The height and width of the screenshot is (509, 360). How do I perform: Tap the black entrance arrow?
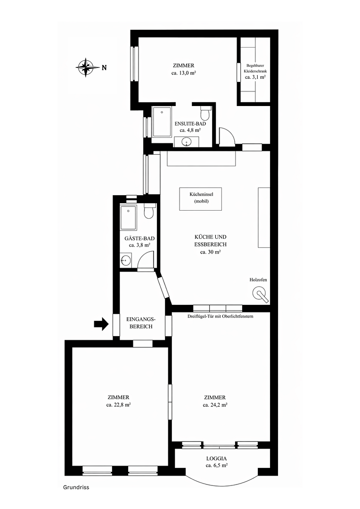click(x=101, y=324)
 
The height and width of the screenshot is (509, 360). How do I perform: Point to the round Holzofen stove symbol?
click(x=260, y=294)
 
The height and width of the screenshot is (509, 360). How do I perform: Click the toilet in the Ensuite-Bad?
click(x=205, y=113)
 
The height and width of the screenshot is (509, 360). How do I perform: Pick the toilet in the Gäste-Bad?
click(x=149, y=211)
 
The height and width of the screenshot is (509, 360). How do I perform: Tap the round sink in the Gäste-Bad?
click(x=125, y=260)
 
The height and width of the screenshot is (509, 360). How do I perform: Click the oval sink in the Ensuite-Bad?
click(x=186, y=142)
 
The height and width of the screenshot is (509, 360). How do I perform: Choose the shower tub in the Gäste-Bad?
click(x=129, y=217)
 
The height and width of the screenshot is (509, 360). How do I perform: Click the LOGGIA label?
click(x=217, y=459)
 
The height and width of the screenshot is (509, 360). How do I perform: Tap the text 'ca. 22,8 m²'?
click(x=118, y=405)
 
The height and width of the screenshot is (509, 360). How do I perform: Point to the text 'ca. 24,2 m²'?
click(x=215, y=405)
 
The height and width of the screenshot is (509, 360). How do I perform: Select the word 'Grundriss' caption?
click(x=76, y=487)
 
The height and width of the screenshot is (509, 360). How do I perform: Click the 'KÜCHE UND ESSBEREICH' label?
click(x=210, y=240)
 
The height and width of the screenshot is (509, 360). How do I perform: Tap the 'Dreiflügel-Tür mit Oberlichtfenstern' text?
click(x=220, y=316)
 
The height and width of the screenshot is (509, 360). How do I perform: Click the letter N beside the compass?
click(x=104, y=68)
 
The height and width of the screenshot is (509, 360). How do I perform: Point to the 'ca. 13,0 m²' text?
click(x=183, y=73)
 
